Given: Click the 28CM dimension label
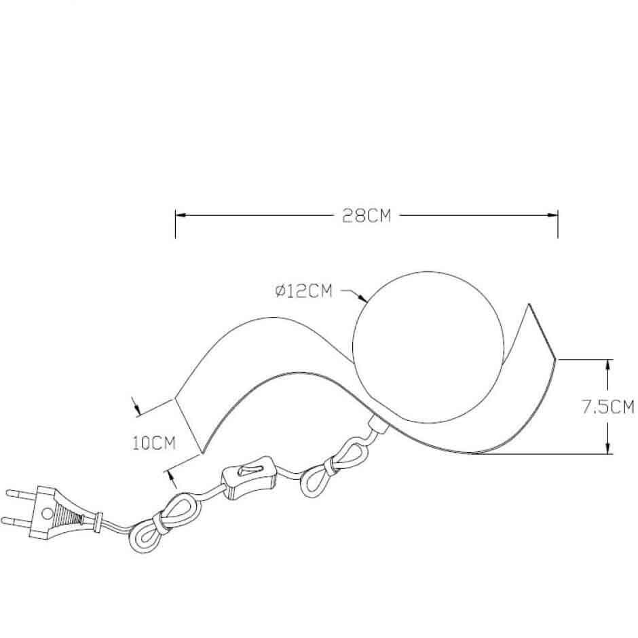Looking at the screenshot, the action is click(367, 215).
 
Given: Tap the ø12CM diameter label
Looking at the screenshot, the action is click(303, 291).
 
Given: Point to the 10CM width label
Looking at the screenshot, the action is click(154, 443).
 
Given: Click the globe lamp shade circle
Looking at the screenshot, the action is click(354, 347).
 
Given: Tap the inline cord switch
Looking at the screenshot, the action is click(249, 478).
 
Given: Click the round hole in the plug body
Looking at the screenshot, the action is click(48, 512).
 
